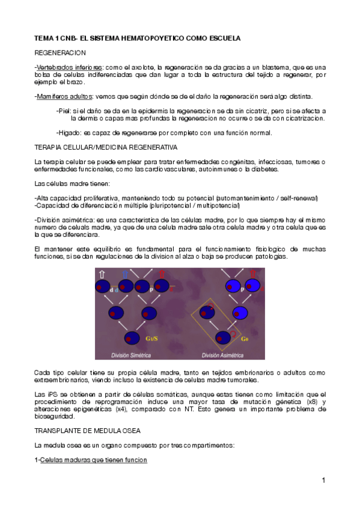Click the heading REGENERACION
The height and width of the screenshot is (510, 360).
pos(60,53)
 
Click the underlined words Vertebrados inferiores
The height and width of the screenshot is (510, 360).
pos(69,67)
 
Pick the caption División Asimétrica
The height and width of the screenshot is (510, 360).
pos(224,354)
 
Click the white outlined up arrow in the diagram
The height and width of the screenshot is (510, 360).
pos(102,274)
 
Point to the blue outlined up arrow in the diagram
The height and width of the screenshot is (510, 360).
pos(125,274)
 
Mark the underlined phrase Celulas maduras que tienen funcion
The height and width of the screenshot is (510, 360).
pos(93,460)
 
